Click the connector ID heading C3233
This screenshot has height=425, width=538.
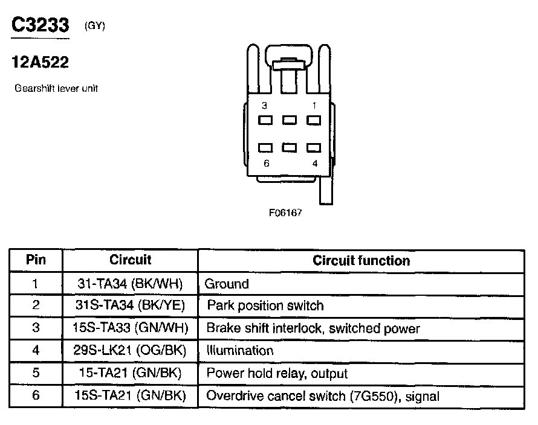[41, 25]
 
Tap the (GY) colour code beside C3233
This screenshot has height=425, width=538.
[96, 26]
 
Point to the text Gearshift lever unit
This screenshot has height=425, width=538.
[56, 88]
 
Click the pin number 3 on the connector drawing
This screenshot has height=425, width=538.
[265, 106]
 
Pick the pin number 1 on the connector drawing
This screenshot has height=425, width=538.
[314, 106]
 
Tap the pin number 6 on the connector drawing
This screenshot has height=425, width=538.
[266, 163]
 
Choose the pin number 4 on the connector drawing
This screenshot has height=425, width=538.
[314, 163]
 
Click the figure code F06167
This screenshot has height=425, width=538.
[285, 213]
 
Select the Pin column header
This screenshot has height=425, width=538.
[36, 260]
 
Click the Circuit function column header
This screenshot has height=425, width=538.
[361, 261]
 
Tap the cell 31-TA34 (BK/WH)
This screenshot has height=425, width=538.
[131, 283]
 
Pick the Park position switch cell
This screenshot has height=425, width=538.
[265, 305]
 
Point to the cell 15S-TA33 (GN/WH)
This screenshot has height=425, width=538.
[131, 328]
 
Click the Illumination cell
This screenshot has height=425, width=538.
[240, 351]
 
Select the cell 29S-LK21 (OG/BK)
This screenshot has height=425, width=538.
[131, 351]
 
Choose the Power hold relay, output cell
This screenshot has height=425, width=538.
[277, 374]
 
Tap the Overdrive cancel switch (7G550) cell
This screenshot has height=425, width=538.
[323, 396]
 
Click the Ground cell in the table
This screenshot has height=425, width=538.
[227, 283]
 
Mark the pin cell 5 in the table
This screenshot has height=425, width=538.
[36, 374]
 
